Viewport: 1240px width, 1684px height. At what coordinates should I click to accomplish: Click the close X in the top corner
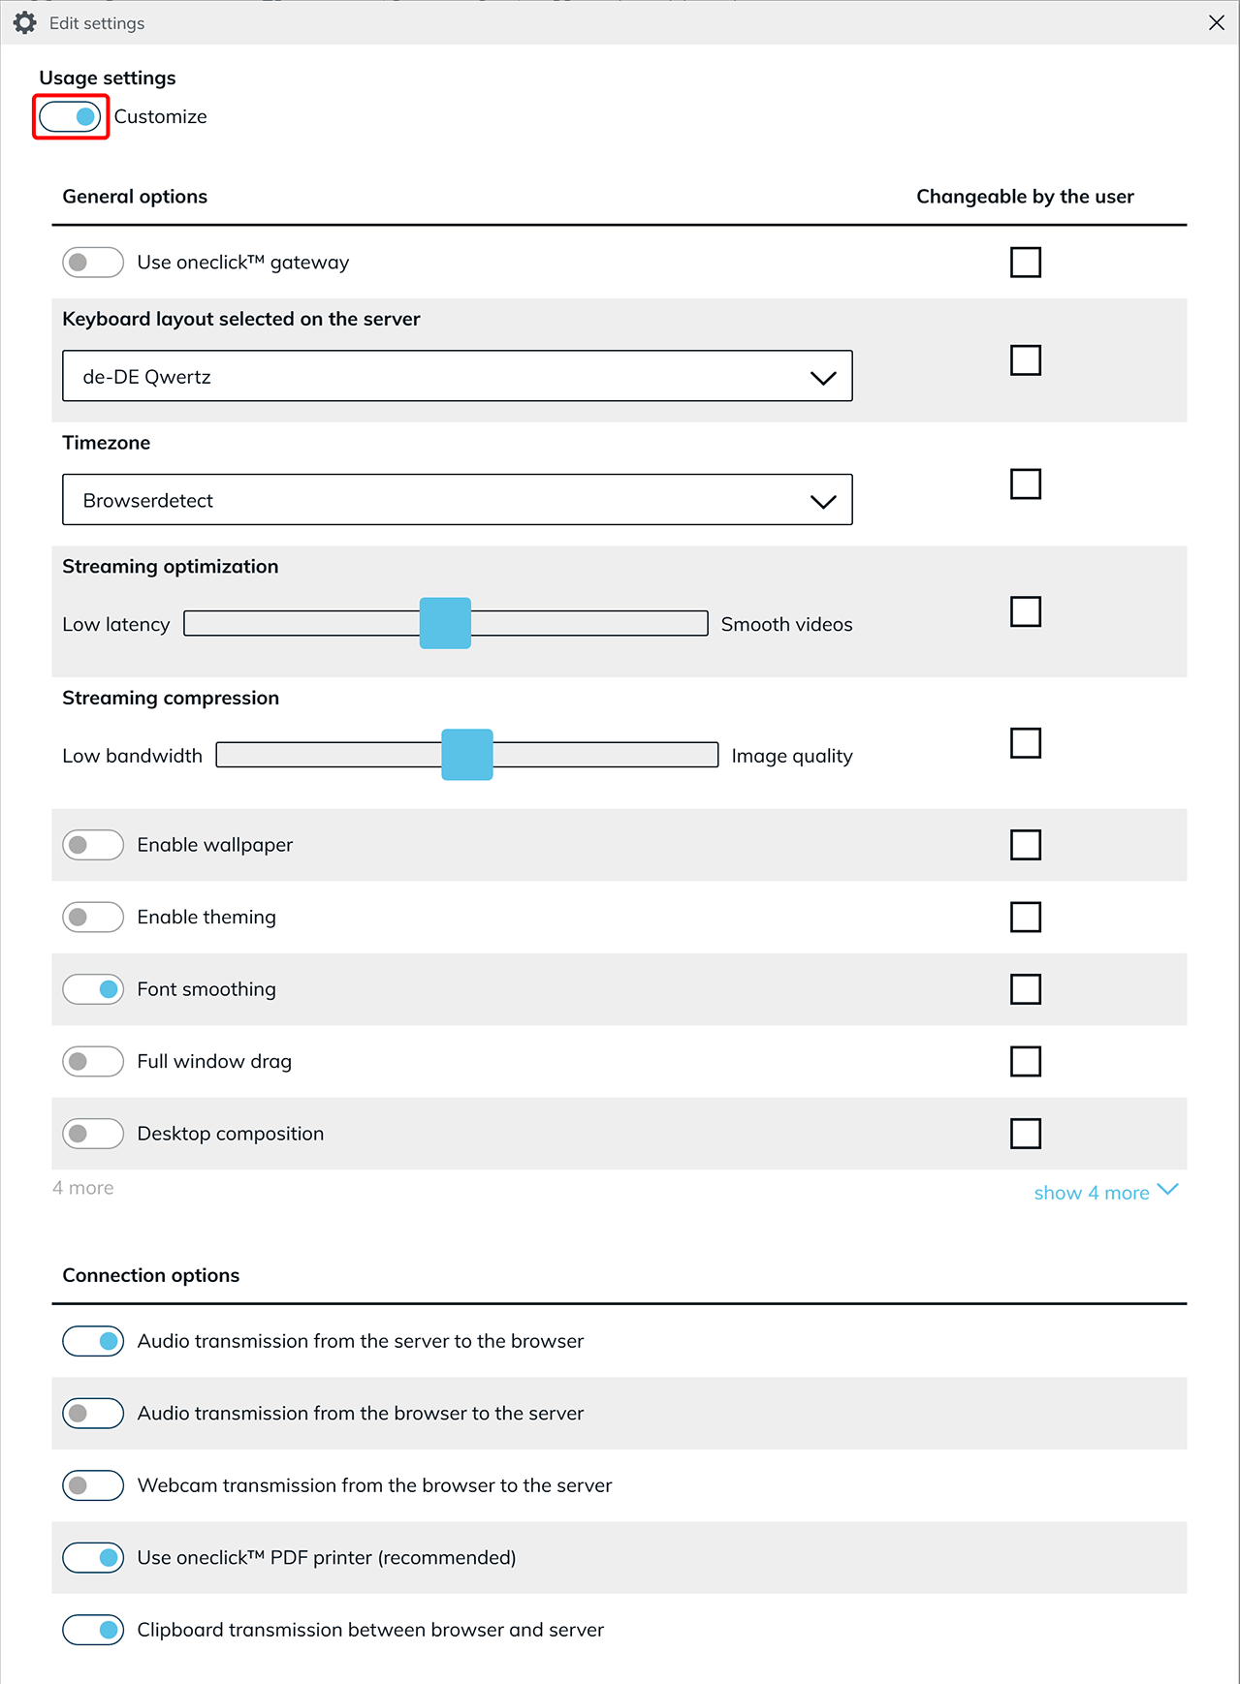pyautogui.click(x=1217, y=22)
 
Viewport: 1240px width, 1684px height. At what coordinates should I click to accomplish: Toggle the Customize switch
pyautogui.click(x=70, y=117)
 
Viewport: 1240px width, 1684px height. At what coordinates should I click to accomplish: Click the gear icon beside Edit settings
pyautogui.click(x=25, y=22)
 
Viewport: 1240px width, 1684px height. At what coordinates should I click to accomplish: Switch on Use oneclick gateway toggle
pyautogui.click(x=93, y=263)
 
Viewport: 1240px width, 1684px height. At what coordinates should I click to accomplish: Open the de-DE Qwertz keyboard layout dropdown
pyautogui.click(x=457, y=376)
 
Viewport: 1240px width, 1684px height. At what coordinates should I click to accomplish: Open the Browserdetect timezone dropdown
pyautogui.click(x=457, y=500)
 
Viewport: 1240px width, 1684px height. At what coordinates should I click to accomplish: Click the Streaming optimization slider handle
pyautogui.click(x=445, y=623)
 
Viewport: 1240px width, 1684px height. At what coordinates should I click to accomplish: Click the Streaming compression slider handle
pyautogui.click(x=467, y=755)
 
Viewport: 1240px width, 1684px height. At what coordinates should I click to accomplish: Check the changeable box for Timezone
pyautogui.click(x=1025, y=483)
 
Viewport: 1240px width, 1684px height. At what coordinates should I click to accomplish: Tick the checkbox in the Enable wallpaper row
pyautogui.click(x=1025, y=845)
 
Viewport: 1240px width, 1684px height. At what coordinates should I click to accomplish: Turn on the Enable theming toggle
pyautogui.click(x=93, y=917)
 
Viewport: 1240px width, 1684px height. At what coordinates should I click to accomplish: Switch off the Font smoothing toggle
pyautogui.click(x=93, y=989)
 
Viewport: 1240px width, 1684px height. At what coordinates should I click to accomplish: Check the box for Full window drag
pyautogui.click(x=1025, y=1061)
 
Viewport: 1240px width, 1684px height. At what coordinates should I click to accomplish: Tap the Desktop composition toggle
pyautogui.click(x=93, y=1134)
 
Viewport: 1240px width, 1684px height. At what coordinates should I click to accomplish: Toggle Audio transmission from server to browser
pyautogui.click(x=93, y=1341)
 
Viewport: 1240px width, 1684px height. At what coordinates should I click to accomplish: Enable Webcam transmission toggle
pyautogui.click(x=93, y=1485)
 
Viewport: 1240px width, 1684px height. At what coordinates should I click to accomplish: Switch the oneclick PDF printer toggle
pyautogui.click(x=93, y=1558)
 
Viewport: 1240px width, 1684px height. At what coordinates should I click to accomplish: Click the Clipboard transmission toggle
pyautogui.click(x=93, y=1630)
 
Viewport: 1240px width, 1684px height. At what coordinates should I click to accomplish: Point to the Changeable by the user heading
pyautogui.click(x=1025, y=197)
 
